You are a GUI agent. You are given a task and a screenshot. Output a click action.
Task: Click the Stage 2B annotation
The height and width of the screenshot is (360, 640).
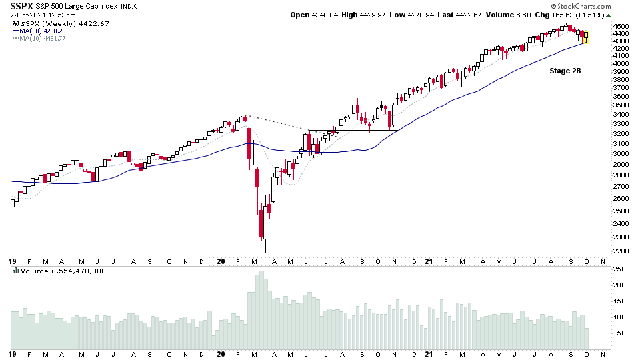565,70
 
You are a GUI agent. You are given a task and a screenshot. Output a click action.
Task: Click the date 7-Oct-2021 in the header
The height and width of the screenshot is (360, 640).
29,15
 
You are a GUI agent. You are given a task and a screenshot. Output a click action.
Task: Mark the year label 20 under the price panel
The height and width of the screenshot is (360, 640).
222,261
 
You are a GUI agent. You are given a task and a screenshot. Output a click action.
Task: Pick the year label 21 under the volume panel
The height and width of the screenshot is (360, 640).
431,353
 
